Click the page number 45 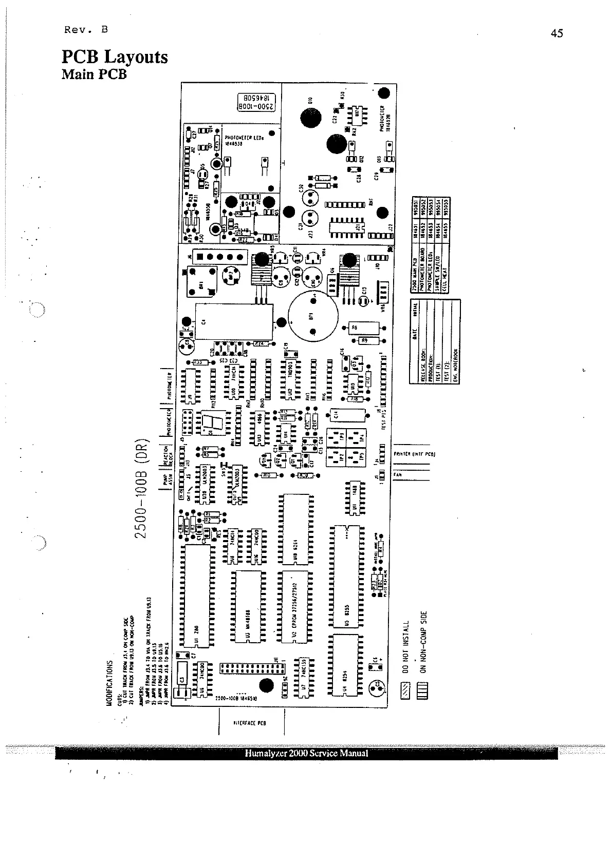click(557, 33)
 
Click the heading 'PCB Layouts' click(115, 56)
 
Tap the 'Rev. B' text click(86, 29)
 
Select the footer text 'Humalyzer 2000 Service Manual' click(306, 754)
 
